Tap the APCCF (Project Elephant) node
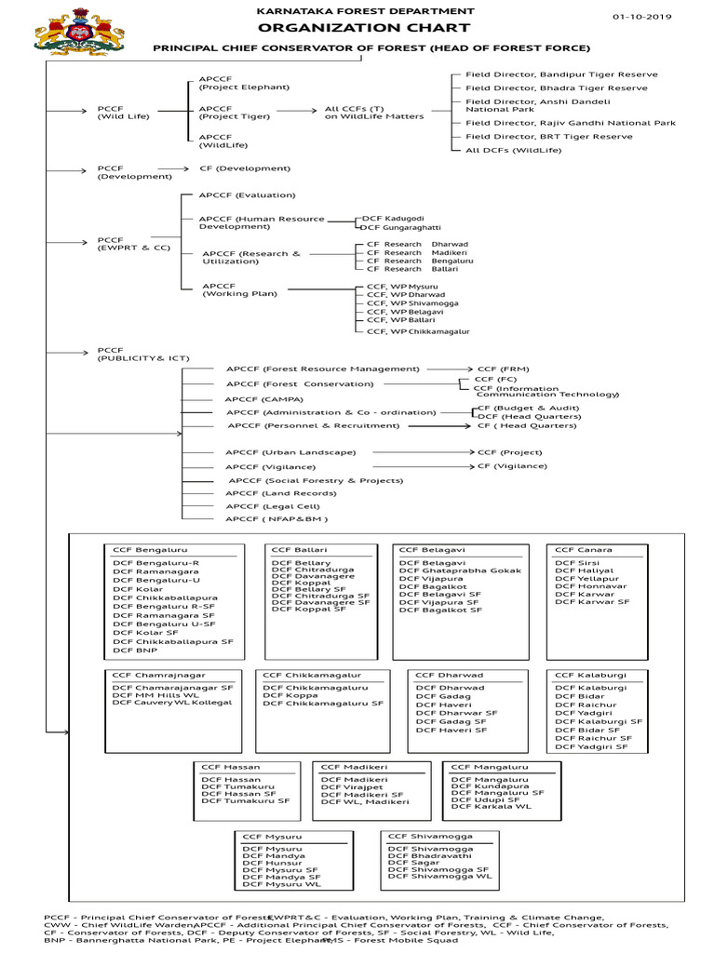[x=231, y=82]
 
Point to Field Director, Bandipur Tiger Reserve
[x=561, y=74]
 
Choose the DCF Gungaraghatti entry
[x=400, y=227]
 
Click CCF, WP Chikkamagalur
[x=418, y=330]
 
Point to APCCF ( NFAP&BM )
[x=277, y=518]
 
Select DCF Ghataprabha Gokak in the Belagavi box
[x=460, y=570]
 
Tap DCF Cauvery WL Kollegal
[x=172, y=703]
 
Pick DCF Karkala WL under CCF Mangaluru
[x=491, y=807]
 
